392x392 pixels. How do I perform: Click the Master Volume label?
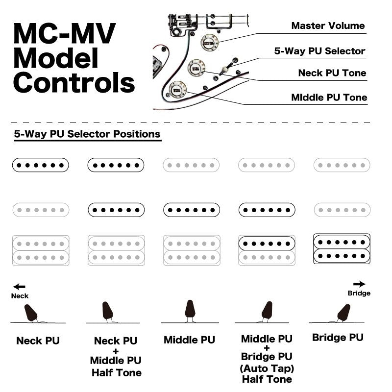click(x=328, y=25)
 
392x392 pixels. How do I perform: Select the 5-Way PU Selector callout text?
click(x=319, y=51)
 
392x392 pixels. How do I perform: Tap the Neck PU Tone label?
click(x=332, y=73)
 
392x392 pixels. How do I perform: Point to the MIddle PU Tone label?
click(x=329, y=97)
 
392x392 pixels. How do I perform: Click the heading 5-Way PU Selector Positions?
click(x=87, y=134)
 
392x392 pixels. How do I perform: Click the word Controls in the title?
click(x=73, y=82)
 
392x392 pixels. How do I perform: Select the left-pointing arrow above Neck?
click(x=19, y=287)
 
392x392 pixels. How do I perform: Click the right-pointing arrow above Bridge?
click(x=359, y=284)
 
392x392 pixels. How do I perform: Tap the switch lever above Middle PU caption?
click(x=190, y=309)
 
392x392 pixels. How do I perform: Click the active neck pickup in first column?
click(x=40, y=165)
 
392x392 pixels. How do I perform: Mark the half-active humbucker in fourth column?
click(x=267, y=250)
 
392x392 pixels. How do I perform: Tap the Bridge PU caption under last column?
click(x=338, y=338)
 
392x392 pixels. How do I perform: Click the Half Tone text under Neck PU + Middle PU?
click(x=116, y=373)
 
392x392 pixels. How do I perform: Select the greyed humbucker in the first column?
click(x=40, y=250)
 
